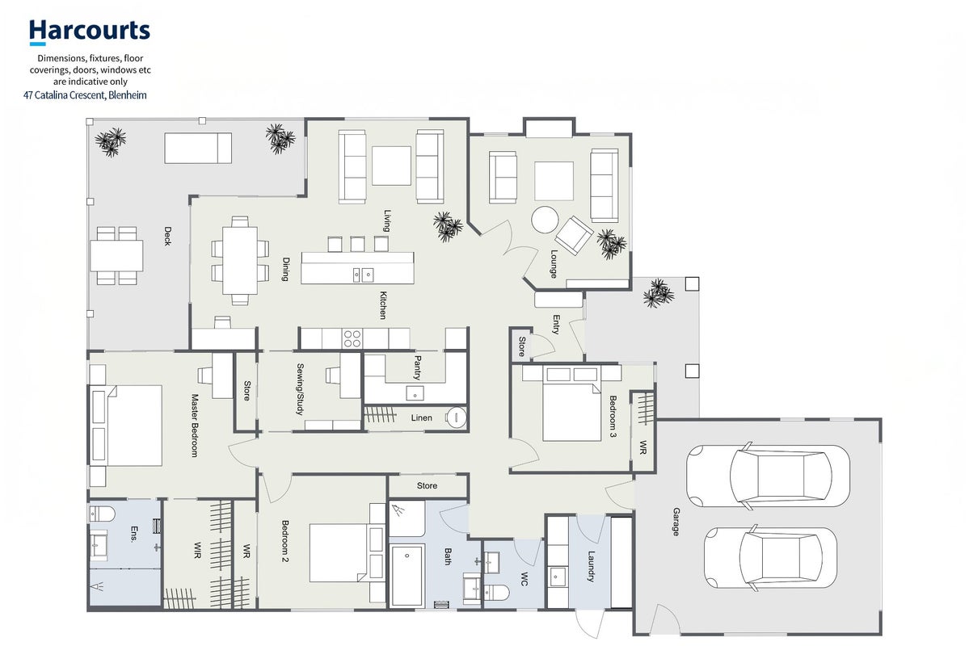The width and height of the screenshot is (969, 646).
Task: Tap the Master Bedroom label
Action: [x=195, y=426]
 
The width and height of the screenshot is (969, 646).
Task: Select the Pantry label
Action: [x=417, y=367]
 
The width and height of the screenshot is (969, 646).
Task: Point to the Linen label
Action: [x=422, y=418]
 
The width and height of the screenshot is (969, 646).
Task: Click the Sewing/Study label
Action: [x=301, y=388]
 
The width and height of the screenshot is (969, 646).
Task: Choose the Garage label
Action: [x=676, y=522]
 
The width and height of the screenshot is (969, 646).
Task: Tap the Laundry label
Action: [x=591, y=566]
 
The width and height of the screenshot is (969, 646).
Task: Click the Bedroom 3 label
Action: [x=613, y=417]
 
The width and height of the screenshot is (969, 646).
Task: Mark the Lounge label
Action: [x=554, y=264]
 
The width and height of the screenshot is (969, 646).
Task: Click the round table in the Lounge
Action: [x=545, y=220]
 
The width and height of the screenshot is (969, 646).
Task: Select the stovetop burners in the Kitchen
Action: [x=352, y=338]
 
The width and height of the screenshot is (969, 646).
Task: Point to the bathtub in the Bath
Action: [x=407, y=575]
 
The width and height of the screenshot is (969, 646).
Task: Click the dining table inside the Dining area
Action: [x=240, y=260]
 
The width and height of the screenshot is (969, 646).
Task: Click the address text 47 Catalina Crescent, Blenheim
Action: [x=85, y=95]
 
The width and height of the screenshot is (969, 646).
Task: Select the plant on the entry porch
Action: [x=658, y=293]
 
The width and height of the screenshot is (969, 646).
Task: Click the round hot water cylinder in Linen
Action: [x=456, y=417]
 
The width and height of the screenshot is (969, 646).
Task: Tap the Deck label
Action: [x=166, y=236]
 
